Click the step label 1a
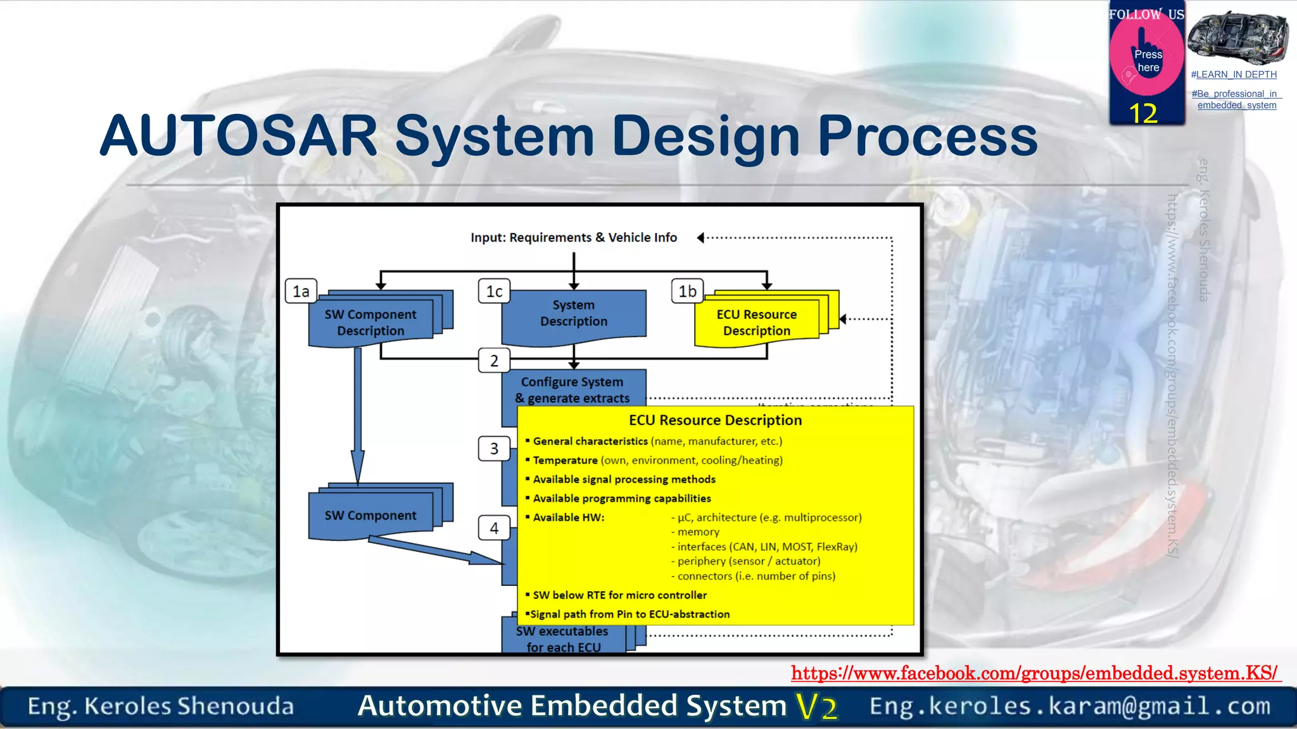click(x=301, y=291)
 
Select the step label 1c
click(x=494, y=291)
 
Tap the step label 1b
click(x=687, y=291)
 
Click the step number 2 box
click(x=494, y=361)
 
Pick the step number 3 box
click(x=494, y=449)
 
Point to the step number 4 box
click(x=494, y=528)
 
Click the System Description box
click(x=573, y=314)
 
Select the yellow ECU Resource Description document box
click(x=756, y=322)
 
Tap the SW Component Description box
click(x=370, y=322)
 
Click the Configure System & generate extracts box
click(x=573, y=390)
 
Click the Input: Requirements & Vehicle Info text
click(x=573, y=237)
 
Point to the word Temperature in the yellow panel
click(x=565, y=460)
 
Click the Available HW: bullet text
click(x=568, y=517)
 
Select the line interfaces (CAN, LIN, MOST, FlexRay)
click(x=766, y=547)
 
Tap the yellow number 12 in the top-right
click(x=1143, y=113)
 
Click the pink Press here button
click(x=1147, y=60)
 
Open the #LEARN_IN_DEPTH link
click(x=1234, y=75)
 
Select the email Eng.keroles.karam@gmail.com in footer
click(x=1070, y=706)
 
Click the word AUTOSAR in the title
click(x=239, y=136)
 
